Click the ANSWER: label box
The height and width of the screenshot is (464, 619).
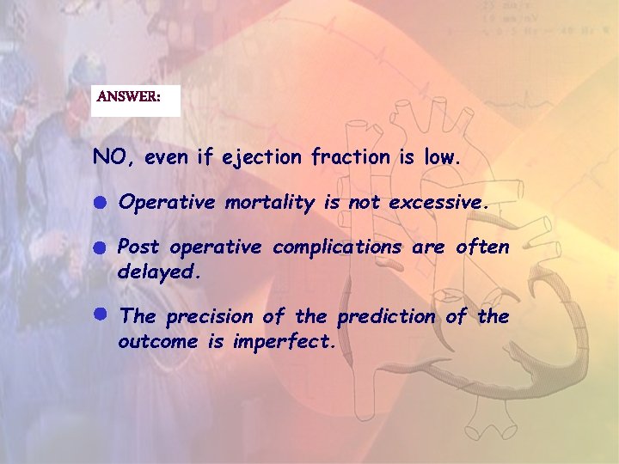click(x=135, y=99)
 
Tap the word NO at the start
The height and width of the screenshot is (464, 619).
click(x=110, y=157)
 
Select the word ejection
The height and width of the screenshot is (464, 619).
click(x=261, y=158)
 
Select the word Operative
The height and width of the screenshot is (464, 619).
click(x=167, y=203)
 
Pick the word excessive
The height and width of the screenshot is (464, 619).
click(x=438, y=203)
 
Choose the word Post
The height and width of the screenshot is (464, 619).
click(x=139, y=247)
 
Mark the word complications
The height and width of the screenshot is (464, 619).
click(x=337, y=248)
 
